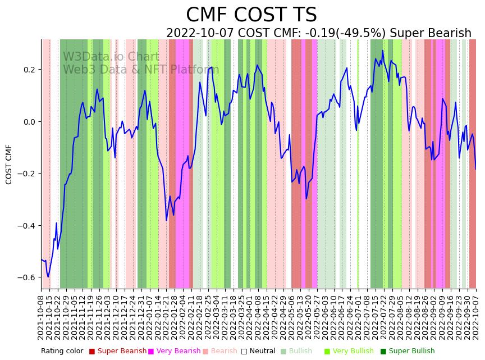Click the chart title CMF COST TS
(251, 15)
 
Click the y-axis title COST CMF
(9, 164)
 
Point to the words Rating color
(62, 351)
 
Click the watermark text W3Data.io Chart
(111, 57)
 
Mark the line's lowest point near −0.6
(48, 276)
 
